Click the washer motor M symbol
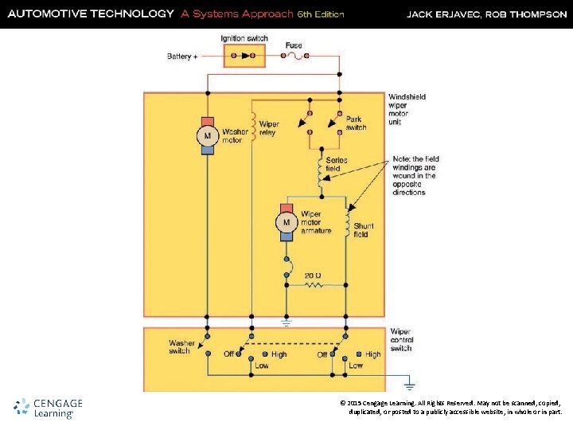(x=208, y=135)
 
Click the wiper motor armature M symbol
(x=286, y=222)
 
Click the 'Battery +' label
(x=182, y=57)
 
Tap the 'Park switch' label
(x=356, y=123)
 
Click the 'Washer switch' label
(x=181, y=347)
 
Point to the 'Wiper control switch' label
(x=401, y=340)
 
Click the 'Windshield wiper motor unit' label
(x=407, y=109)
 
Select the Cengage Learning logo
(x=49, y=408)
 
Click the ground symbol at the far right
(x=408, y=381)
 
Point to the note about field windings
(x=415, y=175)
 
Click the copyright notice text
(x=450, y=408)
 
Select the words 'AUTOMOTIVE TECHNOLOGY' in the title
(x=90, y=14)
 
